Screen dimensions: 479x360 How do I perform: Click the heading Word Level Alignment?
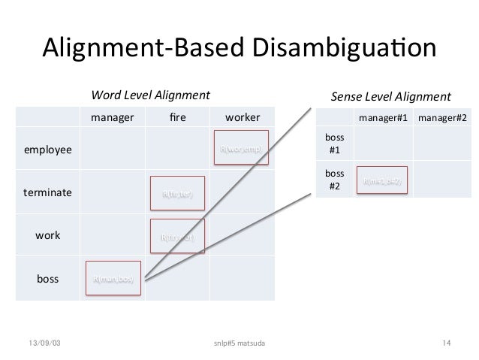tap(150, 95)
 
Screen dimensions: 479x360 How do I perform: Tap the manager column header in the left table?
tap(112, 118)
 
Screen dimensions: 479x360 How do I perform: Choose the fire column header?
tap(178, 118)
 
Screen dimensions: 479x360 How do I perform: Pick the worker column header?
tap(243, 118)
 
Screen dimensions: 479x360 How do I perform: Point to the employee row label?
tap(48, 150)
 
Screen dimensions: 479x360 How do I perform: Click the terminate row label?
tap(48, 193)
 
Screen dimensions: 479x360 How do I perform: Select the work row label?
tap(48, 235)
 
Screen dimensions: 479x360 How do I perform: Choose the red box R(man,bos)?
tap(113, 280)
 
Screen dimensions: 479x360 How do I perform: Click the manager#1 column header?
tap(383, 118)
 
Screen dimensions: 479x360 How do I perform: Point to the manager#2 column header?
tap(443, 118)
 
